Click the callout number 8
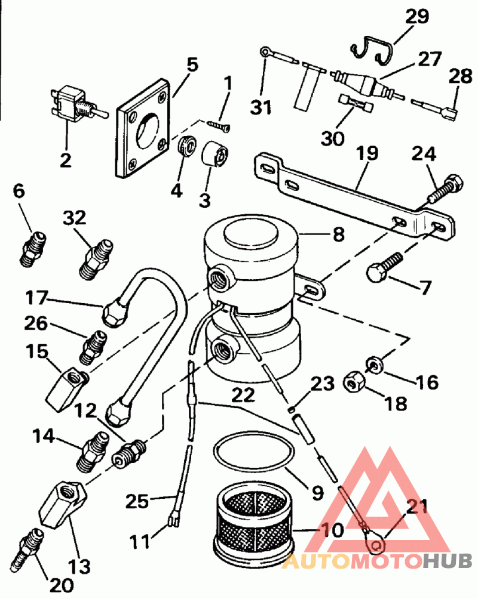coord(339,234)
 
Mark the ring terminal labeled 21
coord(374,539)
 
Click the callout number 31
coord(261,107)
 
